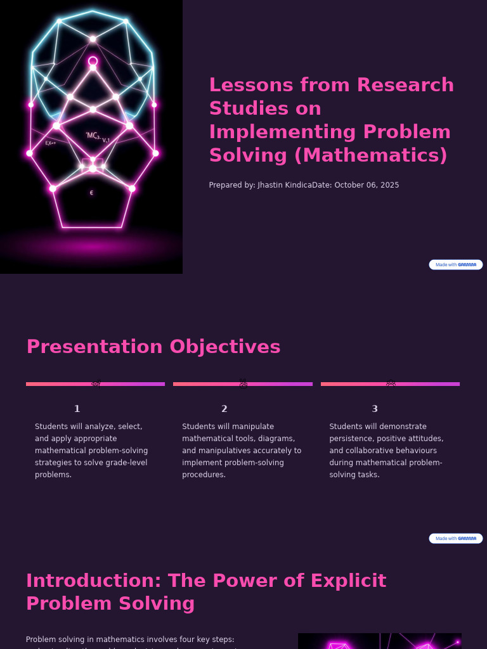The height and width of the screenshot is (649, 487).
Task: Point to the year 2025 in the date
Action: [388, 185]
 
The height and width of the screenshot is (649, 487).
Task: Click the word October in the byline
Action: [348, 185]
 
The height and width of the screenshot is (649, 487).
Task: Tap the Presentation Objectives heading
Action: [153, 347]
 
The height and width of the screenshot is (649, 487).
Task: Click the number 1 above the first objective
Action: [77, 409]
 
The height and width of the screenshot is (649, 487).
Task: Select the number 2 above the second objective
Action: [224, 409]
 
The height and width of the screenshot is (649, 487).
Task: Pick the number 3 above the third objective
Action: [374, 409]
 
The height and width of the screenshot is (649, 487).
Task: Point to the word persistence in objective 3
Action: [351, 439]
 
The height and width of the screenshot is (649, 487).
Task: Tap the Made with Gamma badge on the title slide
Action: [455, 265]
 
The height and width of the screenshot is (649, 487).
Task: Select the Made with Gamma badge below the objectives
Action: [455, 539]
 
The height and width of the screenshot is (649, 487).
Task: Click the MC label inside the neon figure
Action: [93, 135]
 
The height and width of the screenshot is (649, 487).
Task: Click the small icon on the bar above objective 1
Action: [96, 383]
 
